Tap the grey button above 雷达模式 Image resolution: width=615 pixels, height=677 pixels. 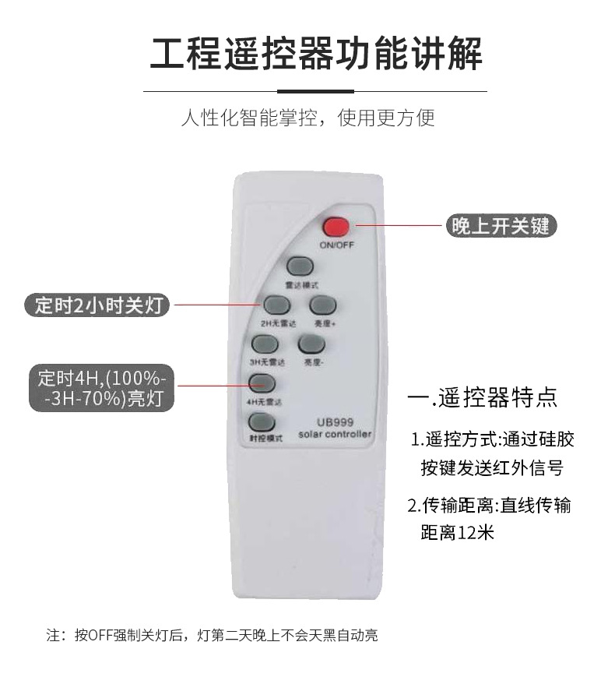(x=300, y=266)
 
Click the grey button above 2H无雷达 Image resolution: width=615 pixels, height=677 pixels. (x=276, y=305)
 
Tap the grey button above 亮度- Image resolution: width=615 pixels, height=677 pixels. (x=311, y=344)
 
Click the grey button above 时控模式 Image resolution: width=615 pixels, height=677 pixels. (x=262, y=422)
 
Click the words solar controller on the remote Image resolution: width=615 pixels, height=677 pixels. (x=335, y=434)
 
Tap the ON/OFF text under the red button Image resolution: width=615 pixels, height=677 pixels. (x=336, y=245)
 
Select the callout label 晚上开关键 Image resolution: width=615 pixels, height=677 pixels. (x=501, y=226)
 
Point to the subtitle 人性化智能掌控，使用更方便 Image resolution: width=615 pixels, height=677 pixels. (x=307, y=118)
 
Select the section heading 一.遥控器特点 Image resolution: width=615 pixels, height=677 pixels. (x=483, y=397)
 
